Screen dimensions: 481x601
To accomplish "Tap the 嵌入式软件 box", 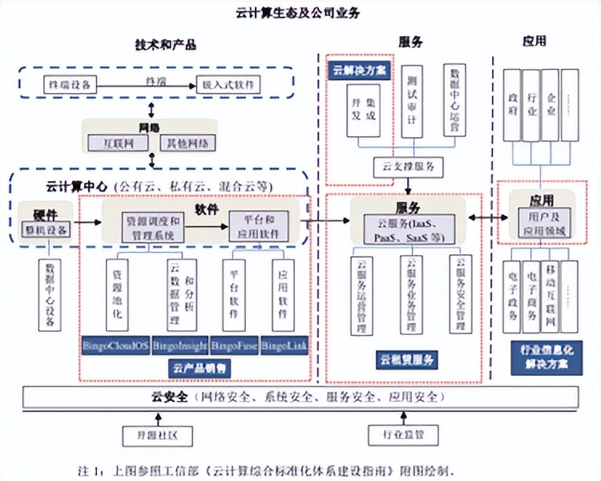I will click(232, 83).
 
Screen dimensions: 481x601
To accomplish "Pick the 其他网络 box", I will click(186, 143).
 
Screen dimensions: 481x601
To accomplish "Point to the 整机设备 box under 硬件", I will click(46, 231).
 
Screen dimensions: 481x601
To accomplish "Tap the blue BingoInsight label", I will click(179, 346).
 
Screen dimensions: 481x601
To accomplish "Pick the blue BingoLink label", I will click(285, 346).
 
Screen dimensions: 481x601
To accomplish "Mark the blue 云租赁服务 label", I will click(406, 360).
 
